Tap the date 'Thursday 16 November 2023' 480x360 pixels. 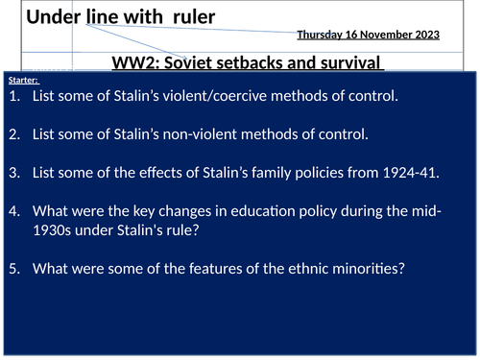click(368, 35)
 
